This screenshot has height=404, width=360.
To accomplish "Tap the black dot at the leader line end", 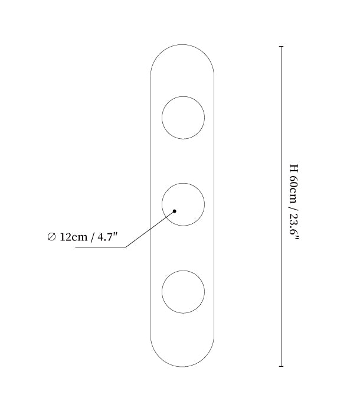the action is point(174,211).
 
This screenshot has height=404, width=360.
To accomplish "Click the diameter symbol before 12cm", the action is point(51,237).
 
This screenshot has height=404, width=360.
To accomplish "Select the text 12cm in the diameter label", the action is point(74,237).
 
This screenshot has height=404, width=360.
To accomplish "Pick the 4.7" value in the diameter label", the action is point(107,236).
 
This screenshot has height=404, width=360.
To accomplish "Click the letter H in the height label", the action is point(293,168).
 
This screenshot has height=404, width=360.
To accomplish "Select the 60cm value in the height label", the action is point(293,190).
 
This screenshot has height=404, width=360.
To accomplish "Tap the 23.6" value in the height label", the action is point(294,226).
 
